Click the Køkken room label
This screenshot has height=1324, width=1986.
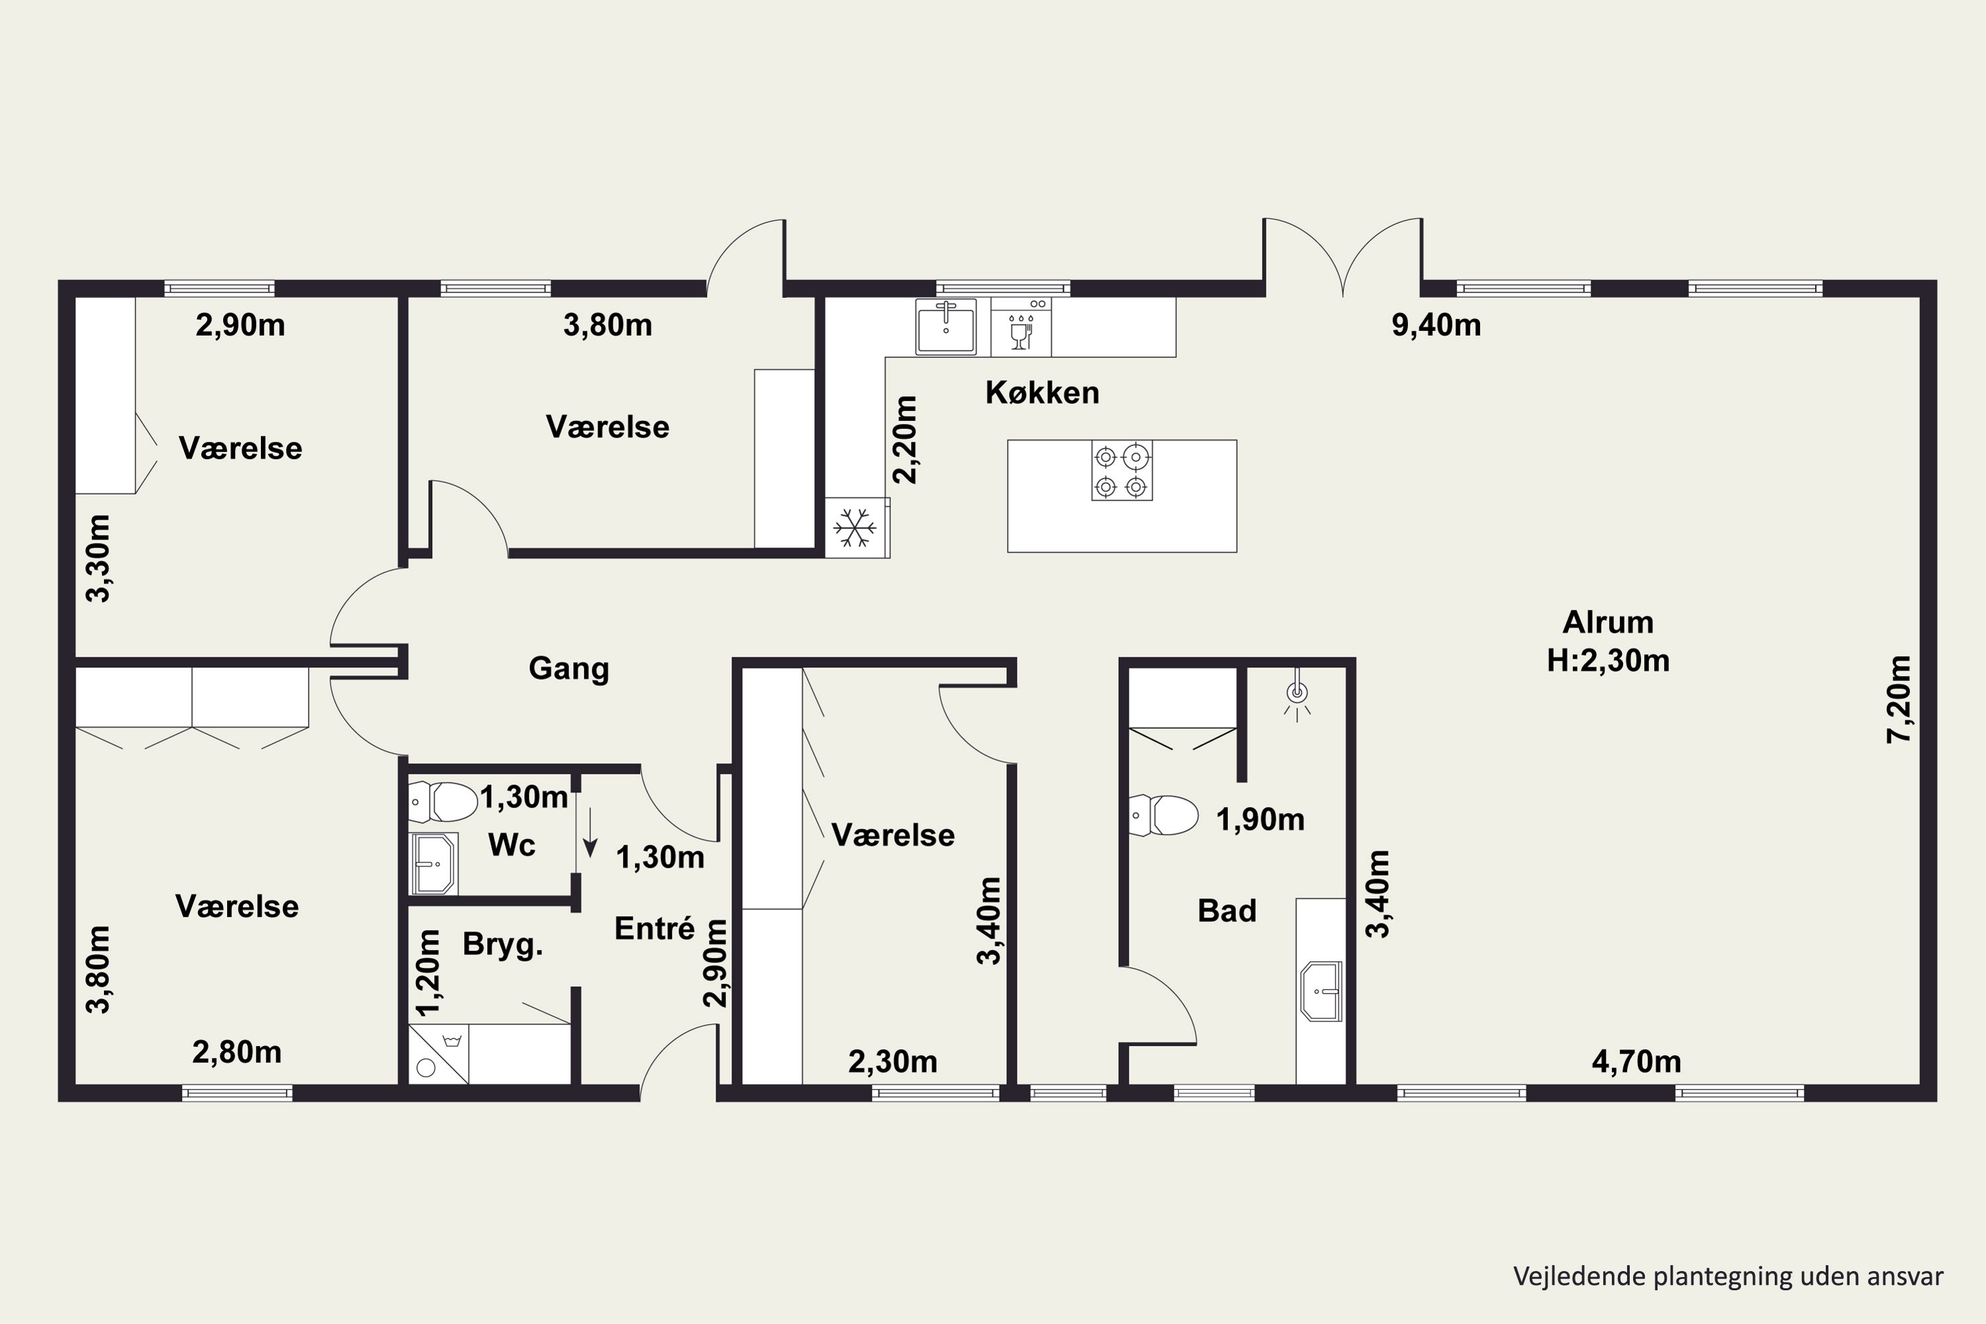click(x=1042, y=393)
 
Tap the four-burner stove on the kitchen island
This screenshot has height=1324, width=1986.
click(x=1121, y=470)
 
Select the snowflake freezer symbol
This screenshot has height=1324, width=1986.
click(x=855, y=528)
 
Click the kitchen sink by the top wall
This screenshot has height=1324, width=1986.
click(x=946, y=327)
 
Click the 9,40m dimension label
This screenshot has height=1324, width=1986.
click(x=1437, y=325)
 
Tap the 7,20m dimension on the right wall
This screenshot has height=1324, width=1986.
click(x=1899, y=699)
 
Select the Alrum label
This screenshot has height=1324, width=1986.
click(x=1608, y=622)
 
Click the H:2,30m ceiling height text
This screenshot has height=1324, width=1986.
click(x=1608, y=660)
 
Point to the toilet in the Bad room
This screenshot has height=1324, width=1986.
click(x=1164, y=815)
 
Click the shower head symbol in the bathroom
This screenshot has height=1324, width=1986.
click(x=1297, y=696)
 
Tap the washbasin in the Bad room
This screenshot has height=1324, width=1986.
click(x=1321, y=990)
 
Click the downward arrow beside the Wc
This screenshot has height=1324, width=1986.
click(x=591, y=833)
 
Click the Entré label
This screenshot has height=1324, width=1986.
click(x=655, y=929)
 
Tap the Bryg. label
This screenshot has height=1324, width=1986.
click(x=502, y=945)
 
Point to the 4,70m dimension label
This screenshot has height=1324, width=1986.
click(x=1636, y=1061)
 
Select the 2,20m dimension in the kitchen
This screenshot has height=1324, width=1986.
click(x=904, y=439)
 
